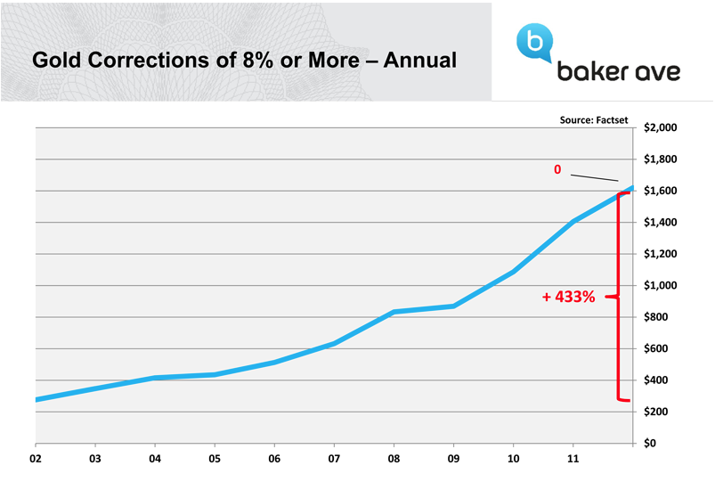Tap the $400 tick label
click(661, 380)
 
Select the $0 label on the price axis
click(653, 444)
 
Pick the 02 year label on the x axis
click(36, 461)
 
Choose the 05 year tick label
click(214, 461)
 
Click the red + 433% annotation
click(568, 298)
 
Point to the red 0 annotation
click(557, 168)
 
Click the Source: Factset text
click(596, 118)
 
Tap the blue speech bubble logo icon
click(534, 42)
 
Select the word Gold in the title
click(56, 61)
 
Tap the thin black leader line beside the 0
click(594, 176)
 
